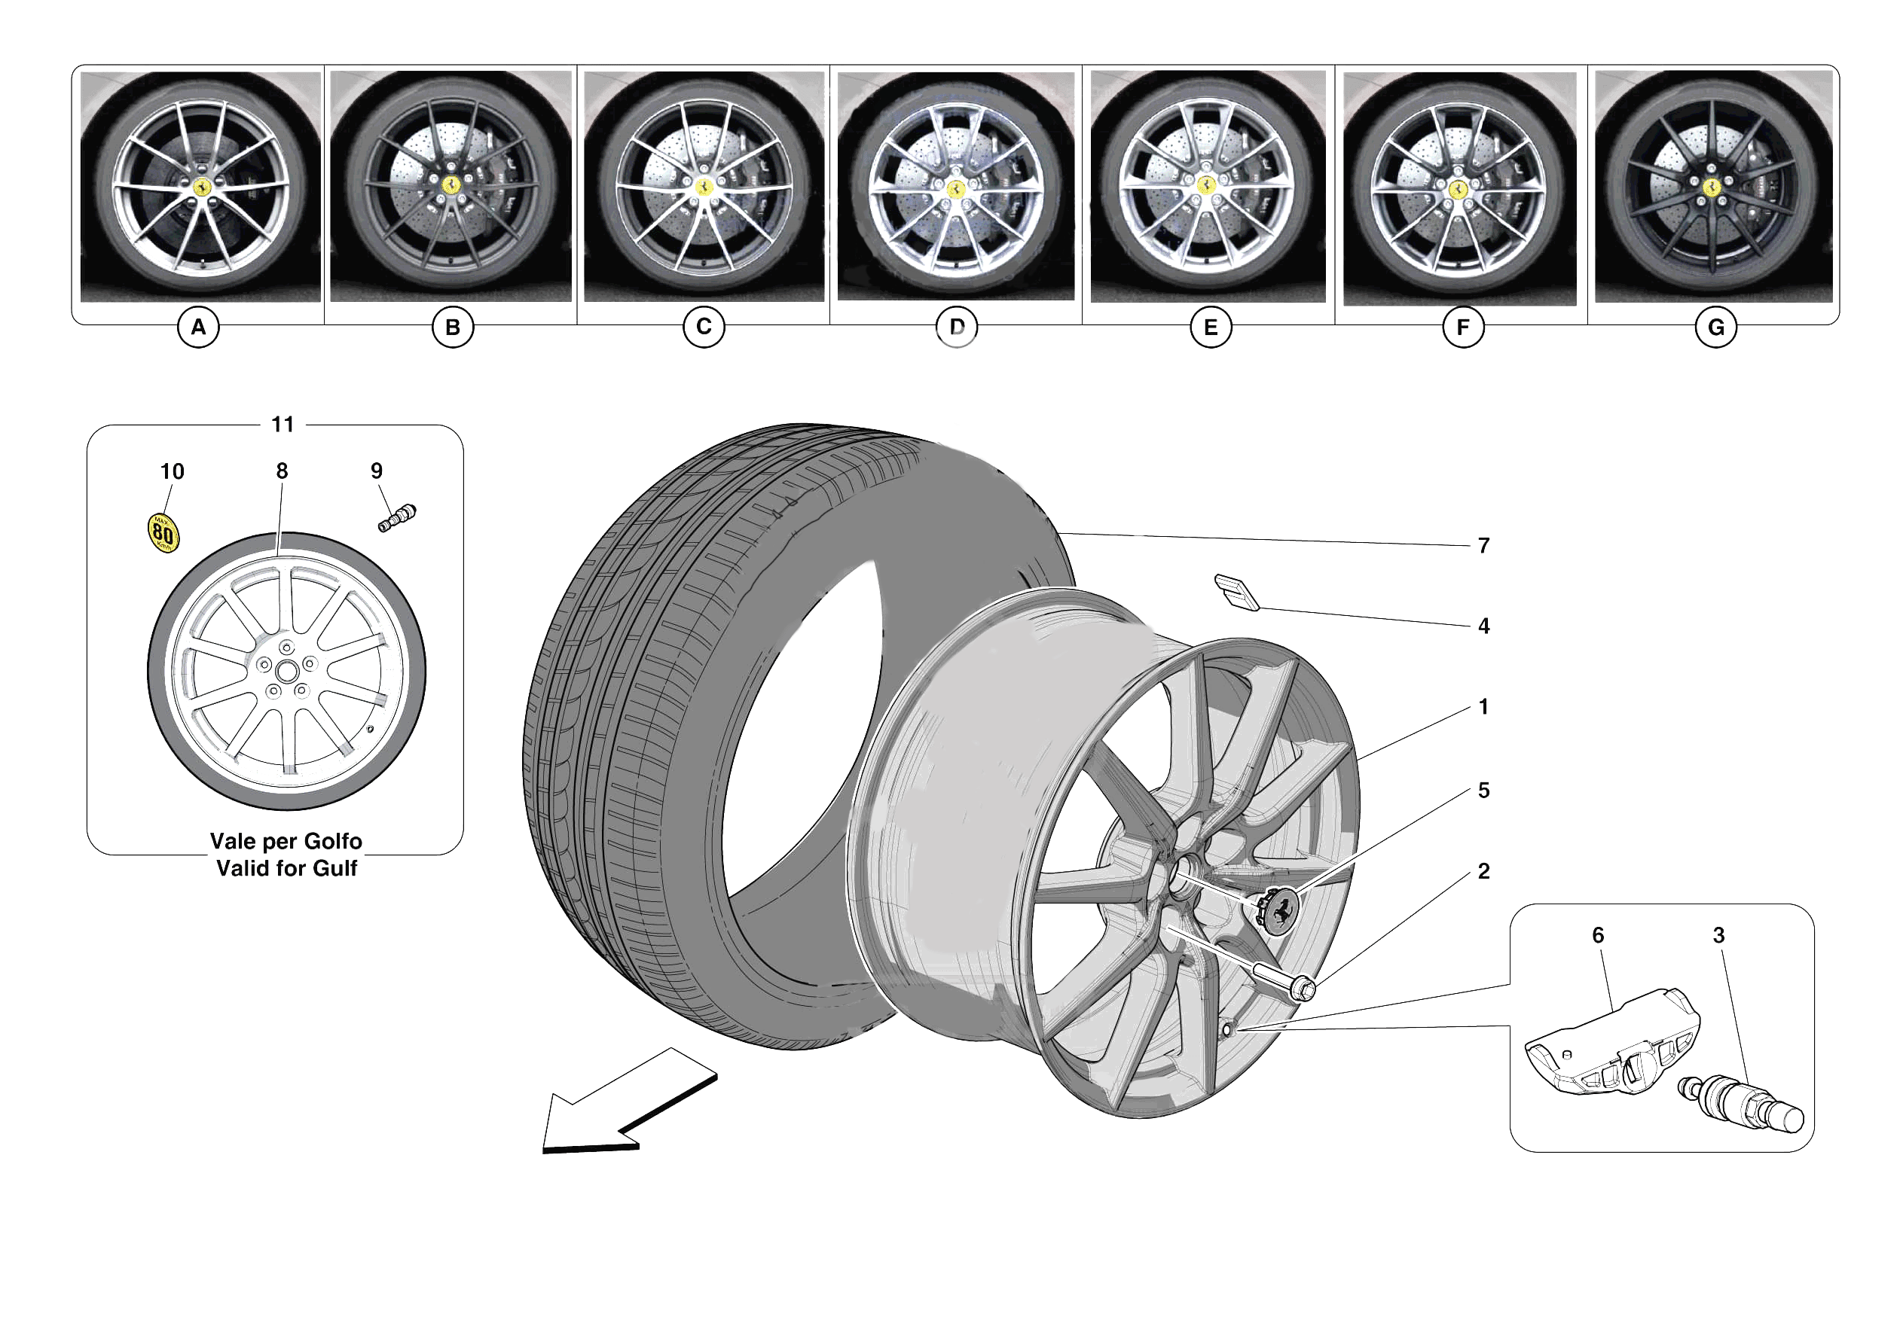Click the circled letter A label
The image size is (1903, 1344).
(198, 328)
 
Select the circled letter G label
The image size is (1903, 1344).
(1715, 328)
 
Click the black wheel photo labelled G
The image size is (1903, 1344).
(1712, 187)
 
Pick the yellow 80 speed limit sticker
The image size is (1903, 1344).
(163, 533)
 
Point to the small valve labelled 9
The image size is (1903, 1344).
(397, 518)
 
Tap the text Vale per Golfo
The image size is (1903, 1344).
(286, 841)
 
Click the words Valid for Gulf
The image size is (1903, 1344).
(286, 868)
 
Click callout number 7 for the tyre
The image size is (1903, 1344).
(1483, 546)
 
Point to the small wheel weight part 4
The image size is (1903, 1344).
(1236, 592)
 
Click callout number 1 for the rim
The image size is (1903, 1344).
(1483, 707)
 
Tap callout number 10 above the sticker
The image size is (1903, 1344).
(172, 471)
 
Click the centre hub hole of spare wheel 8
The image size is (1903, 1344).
(287, 671)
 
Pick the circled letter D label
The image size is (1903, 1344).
(957, 328)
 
